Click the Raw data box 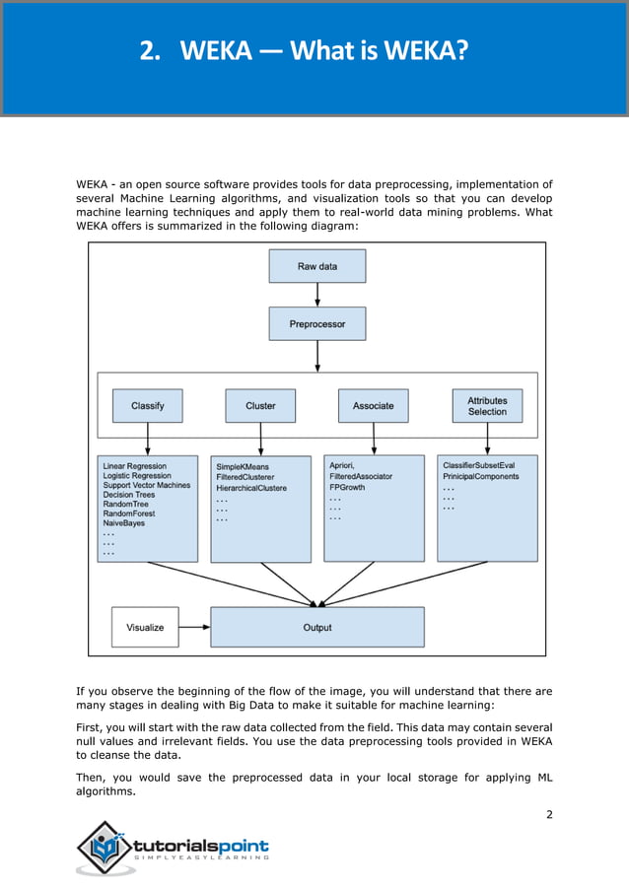coord(316,266)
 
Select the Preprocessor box coord(316,324)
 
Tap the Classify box coord(147,405)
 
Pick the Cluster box coord(260,405)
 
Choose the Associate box coord(373,405)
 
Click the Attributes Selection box coord(487,405)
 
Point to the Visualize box coord(145,627)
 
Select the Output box coord(317,627)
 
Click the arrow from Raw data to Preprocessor coord(316,295)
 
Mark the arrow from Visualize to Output coord(195,627)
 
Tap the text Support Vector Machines coord(147,485)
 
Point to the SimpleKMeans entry coord(243,466)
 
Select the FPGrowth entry coord(347,488)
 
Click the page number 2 coord(549,813)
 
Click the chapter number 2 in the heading coord(149,51)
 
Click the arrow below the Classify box coord(147,439)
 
